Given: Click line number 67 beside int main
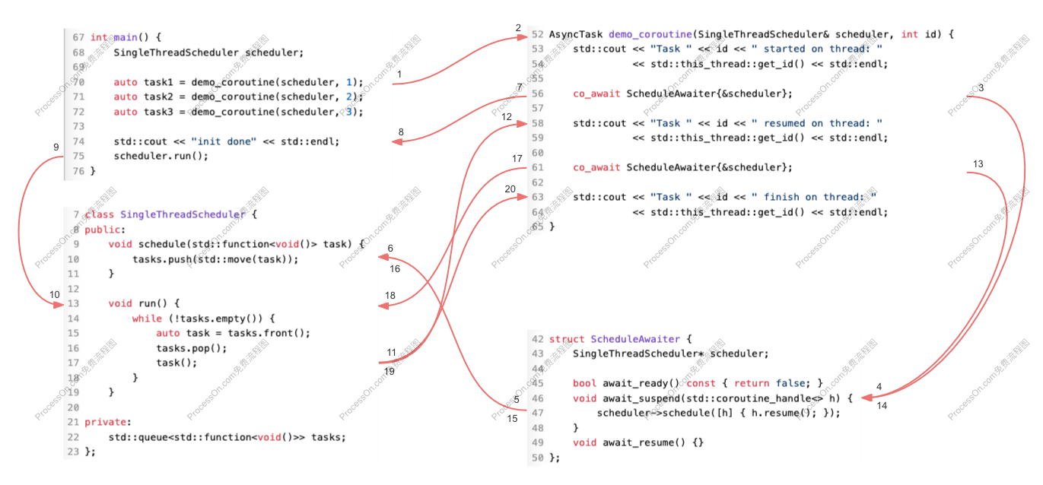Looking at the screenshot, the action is (x=78, y=37).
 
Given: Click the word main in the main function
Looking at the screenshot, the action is (x=126, y=37).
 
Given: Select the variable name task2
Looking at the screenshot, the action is (x=157, y=97).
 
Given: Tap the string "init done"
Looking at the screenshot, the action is (x=224, y=141).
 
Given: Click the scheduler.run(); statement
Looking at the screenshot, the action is (x=161, y=157).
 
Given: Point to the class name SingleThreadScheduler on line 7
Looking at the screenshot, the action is (x=183, y=214).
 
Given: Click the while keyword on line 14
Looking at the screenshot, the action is (x=147, y=319).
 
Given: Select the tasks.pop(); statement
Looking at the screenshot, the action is (x=192, y=348).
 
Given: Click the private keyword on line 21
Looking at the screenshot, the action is (x=106, y=422).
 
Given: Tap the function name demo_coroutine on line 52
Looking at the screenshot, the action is (x=650, y=34).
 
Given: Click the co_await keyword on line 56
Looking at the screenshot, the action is (x=596, y=94).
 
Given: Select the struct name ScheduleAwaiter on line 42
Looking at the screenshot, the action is (x=635, y=339).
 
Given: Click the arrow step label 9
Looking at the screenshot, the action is (x=56, y=147).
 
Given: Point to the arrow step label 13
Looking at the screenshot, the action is (x=978, y=164).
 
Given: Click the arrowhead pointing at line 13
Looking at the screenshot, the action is (x=59, y=305).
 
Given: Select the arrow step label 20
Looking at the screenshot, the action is (x=510, y=189).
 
